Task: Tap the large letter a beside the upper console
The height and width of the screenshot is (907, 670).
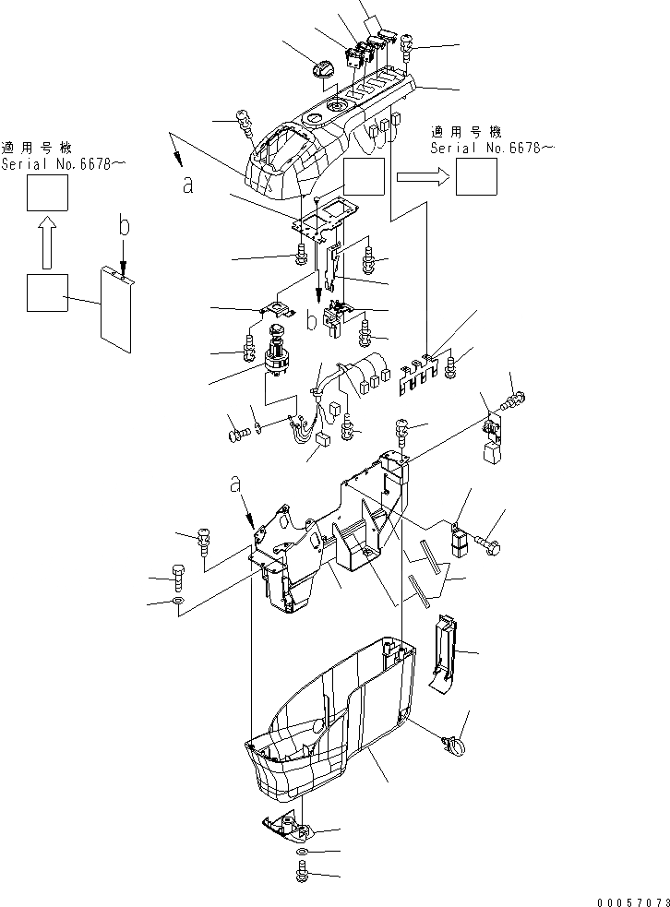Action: click(x=188, y=185)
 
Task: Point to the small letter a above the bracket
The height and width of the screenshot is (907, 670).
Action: click(x=236, y=483)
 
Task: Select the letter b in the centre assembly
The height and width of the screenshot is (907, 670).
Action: click(x=312, y=321)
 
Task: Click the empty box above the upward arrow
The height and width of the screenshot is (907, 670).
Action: click(x=46, y=196)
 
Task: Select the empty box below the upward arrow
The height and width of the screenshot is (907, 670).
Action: click(x=46, y=293)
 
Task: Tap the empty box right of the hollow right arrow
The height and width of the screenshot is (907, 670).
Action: click(x=476, y=176)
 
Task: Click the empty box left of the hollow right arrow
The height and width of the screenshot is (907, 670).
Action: click(x=364, y=176)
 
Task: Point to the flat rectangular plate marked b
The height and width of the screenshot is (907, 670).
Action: click(x=117, y=309)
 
